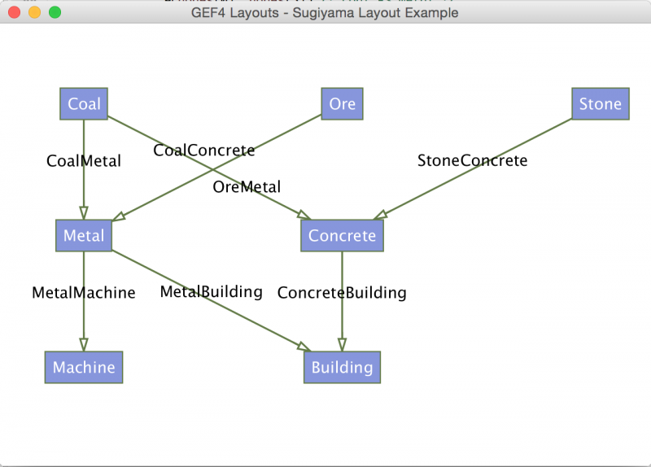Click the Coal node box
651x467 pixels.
tap(84, 104)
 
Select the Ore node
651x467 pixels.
tap(342, 104)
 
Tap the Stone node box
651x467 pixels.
tap(601, 104)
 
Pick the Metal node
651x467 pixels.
tap(84, 235)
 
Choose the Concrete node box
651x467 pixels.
tap(342, 235)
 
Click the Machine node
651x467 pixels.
tap(84, 368)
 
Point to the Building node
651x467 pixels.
tap(342, 368)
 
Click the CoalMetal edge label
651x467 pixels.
tap(84, 161)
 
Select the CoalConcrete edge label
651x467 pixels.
tap(204, 151)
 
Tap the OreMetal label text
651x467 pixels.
tap(247, 187)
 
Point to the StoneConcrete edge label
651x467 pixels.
tap(473, 160)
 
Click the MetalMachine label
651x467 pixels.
tap(84, 293)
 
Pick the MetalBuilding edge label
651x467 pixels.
tap(211, 292)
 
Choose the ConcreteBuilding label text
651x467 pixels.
tap(342, 293)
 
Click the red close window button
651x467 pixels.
tap(14, 12)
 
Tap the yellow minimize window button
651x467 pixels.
tap(34, 12)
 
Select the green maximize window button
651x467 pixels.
tap(55, 12)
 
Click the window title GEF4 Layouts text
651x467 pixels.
tap(235, 13)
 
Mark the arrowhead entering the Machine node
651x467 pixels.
tap(84, 345)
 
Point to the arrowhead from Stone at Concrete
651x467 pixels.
tap(380, 215)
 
